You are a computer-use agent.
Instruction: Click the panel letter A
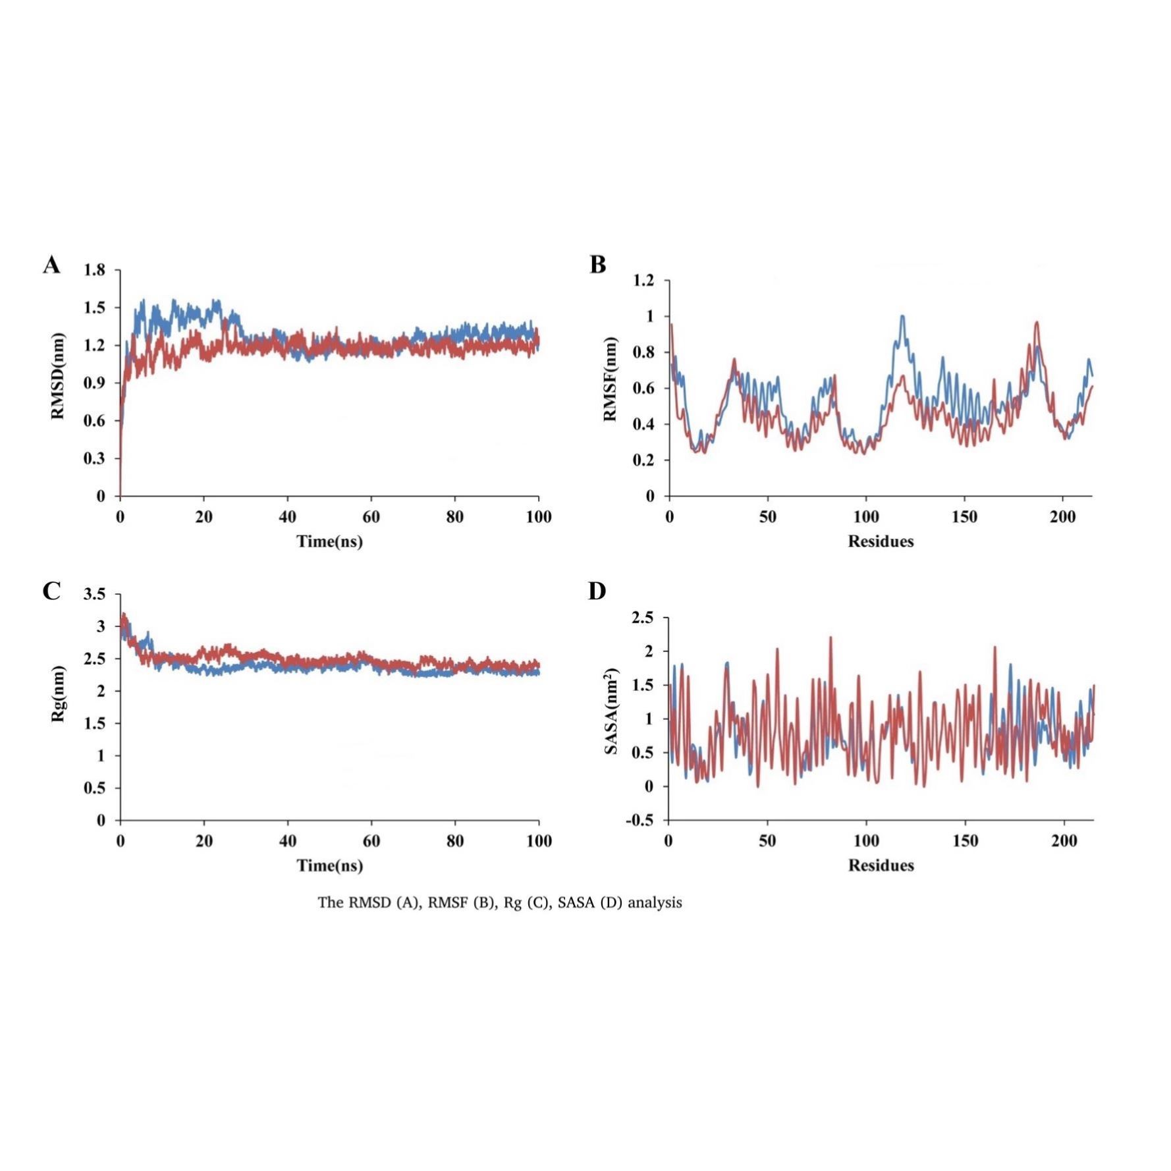coord(51,265)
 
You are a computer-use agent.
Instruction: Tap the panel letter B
coord(597,265)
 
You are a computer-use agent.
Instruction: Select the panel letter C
coord(51,591)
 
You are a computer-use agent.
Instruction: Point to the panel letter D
coord(597,591)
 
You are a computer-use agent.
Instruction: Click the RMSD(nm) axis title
coord(58,375)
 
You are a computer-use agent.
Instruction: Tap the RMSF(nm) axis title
coord(611,379)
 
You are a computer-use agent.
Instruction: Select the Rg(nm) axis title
coord(58,694)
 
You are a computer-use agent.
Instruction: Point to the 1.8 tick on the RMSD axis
coord(94,270)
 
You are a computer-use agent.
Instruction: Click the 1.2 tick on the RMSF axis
coord(643,281)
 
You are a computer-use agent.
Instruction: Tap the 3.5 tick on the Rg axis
coord(94,595)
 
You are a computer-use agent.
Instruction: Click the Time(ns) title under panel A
coord(329,541)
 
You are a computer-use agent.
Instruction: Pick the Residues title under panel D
coord(881,865)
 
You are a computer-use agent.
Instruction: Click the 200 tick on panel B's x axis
coord(1062,517)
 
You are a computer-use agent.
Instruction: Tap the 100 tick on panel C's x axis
coord(539,841)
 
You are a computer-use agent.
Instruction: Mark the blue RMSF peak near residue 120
coord(902,316)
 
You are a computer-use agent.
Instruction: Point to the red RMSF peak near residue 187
coord(1037,322)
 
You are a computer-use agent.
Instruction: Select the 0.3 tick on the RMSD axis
coord(94,458)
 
